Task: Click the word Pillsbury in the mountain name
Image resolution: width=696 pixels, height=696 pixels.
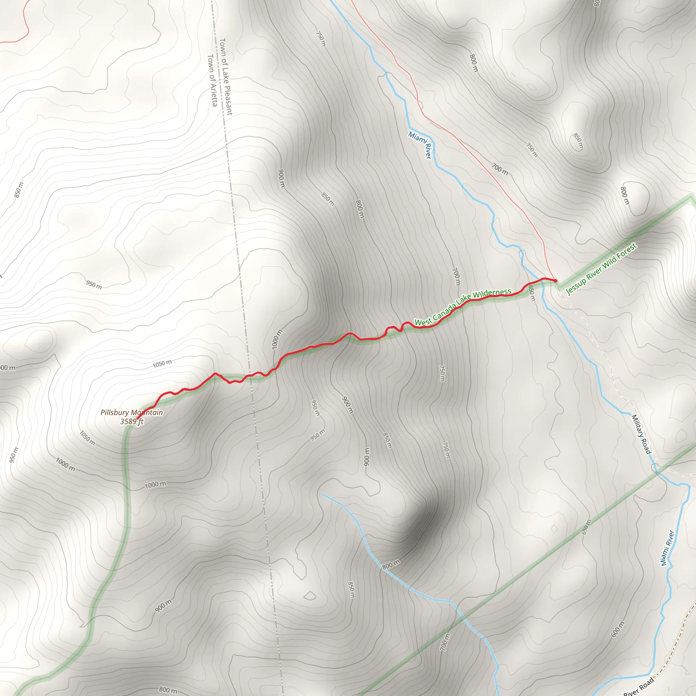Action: click(x=115, y=413)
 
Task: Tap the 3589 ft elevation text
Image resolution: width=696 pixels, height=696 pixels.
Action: click(x=132, y=421)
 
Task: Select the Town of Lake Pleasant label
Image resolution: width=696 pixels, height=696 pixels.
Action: click(x=226, y=77)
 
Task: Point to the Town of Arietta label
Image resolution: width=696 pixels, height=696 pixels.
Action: click(x=212, y=80)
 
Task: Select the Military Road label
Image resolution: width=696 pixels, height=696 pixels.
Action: click(x=641, y=434)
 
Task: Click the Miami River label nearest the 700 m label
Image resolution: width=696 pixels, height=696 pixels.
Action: click(x=420, y=145)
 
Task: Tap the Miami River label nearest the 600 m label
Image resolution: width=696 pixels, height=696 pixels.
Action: click(x=667, y=547)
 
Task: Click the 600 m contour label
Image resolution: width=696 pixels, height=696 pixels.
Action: click(x=617, y=629)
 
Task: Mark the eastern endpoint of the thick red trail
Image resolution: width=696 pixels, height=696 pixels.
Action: click(x=556, y=281)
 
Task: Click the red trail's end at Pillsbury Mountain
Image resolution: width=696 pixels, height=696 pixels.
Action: click(x=138, y=419)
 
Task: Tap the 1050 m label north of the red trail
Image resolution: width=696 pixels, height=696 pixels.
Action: click(x=162, y=364)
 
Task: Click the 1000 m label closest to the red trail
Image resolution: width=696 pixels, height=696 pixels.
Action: click(x=277, y=340)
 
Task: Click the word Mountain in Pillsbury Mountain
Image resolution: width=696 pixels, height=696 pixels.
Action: click(x=147, y=413)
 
